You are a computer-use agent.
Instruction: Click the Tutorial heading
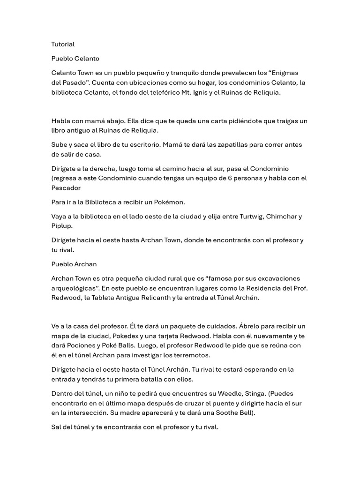point(63,44)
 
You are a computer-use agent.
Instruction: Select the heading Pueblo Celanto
point(75,59)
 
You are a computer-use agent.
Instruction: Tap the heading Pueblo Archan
point(74,264)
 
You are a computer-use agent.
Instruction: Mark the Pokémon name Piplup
point(61,225)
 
